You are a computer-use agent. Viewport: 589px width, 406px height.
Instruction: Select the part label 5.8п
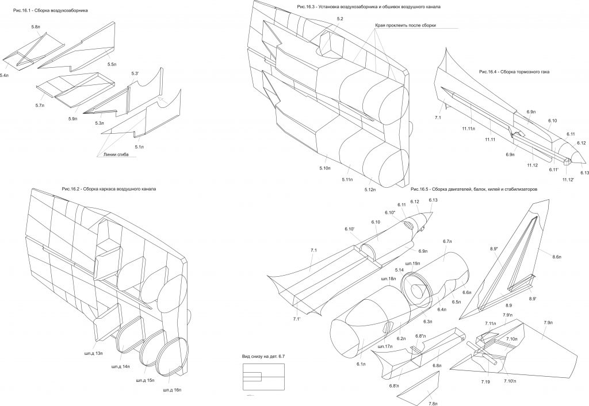36,27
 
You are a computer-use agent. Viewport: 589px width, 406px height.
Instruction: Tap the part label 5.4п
5,75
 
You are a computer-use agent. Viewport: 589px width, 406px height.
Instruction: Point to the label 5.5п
112,64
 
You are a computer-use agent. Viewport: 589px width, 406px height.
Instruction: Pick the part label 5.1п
139,146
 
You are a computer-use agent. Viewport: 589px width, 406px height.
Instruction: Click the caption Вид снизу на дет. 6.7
264,357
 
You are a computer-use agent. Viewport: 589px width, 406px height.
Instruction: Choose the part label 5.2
340,19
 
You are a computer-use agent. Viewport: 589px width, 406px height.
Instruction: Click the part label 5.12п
369,190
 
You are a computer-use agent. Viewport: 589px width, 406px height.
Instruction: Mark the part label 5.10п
324,168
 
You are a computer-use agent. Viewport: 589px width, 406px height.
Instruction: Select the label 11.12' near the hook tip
569,180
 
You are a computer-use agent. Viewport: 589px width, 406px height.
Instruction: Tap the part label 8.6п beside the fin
557,256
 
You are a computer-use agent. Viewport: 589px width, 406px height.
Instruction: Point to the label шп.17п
385,346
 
